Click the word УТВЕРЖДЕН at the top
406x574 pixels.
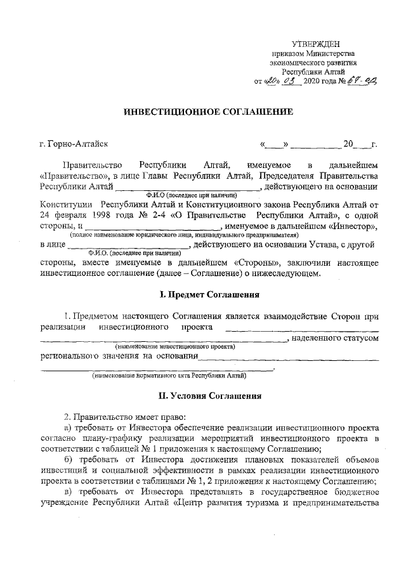pos(315,43)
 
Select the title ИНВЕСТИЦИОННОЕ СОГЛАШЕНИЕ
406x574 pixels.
pos(207,112)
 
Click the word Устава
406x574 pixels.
pos(312,244)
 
